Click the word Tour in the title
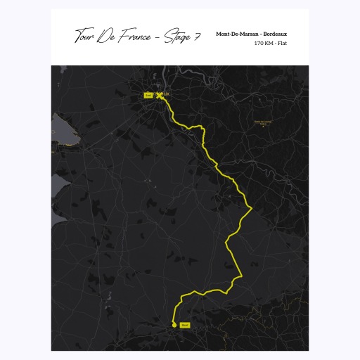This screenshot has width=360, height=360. (84, 36)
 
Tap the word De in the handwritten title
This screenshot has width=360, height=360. (108, 36)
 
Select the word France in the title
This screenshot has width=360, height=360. (135, 36)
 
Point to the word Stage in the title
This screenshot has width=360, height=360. (176, 37)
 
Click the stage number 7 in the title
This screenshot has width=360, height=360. (198, 36)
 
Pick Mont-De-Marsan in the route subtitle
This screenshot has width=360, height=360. (237, 33)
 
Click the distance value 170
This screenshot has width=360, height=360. (259, 43)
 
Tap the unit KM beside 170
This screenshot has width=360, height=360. (269, 43)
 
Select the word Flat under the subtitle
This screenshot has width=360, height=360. (283, 43)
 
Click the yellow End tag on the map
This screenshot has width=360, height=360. (148, 94)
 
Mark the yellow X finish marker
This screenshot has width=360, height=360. (159, 96)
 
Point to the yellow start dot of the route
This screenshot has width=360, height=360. (174, 324)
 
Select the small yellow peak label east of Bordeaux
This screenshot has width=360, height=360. (262, 122)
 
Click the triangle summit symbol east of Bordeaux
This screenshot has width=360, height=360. (262, 127)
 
